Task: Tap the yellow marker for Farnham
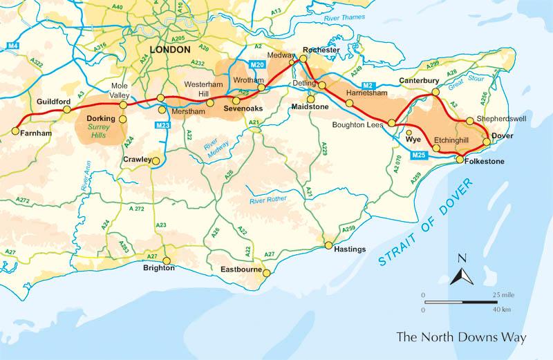point(15,130)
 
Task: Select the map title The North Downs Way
point(460,338)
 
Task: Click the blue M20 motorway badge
point(257,64)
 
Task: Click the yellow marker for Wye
point(409,133)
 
